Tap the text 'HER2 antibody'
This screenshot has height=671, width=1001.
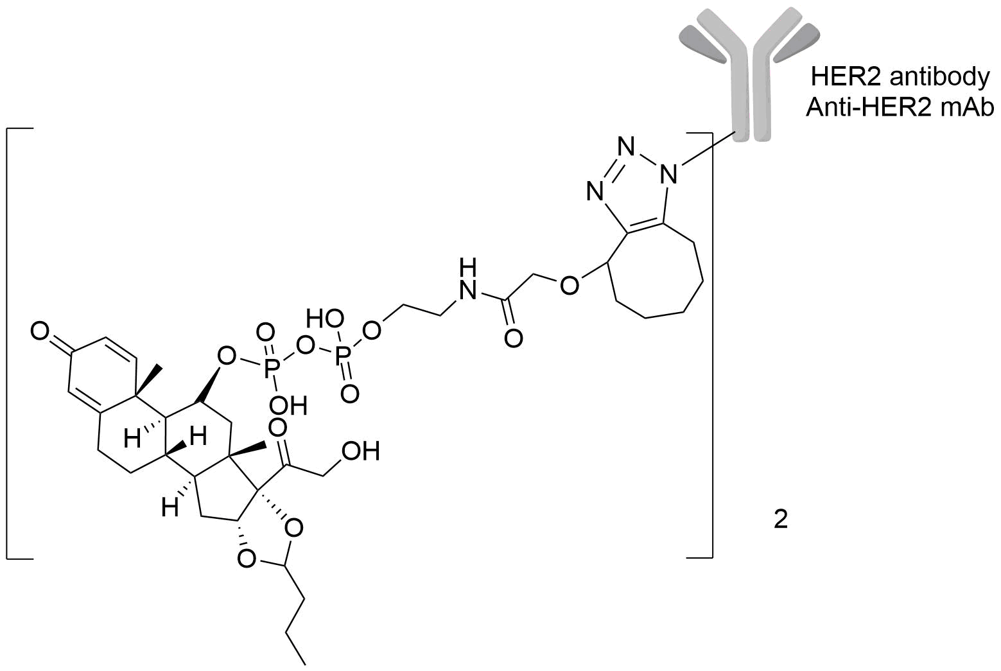pos(900,77)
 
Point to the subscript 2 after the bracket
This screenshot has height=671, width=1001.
pos(780,519)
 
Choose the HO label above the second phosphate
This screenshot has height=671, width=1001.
pos(325,318)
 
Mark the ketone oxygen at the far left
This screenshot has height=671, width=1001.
pos(40,332)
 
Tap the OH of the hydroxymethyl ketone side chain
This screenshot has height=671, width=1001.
pos(360,451)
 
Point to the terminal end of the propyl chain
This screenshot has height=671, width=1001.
pos(304,661)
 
